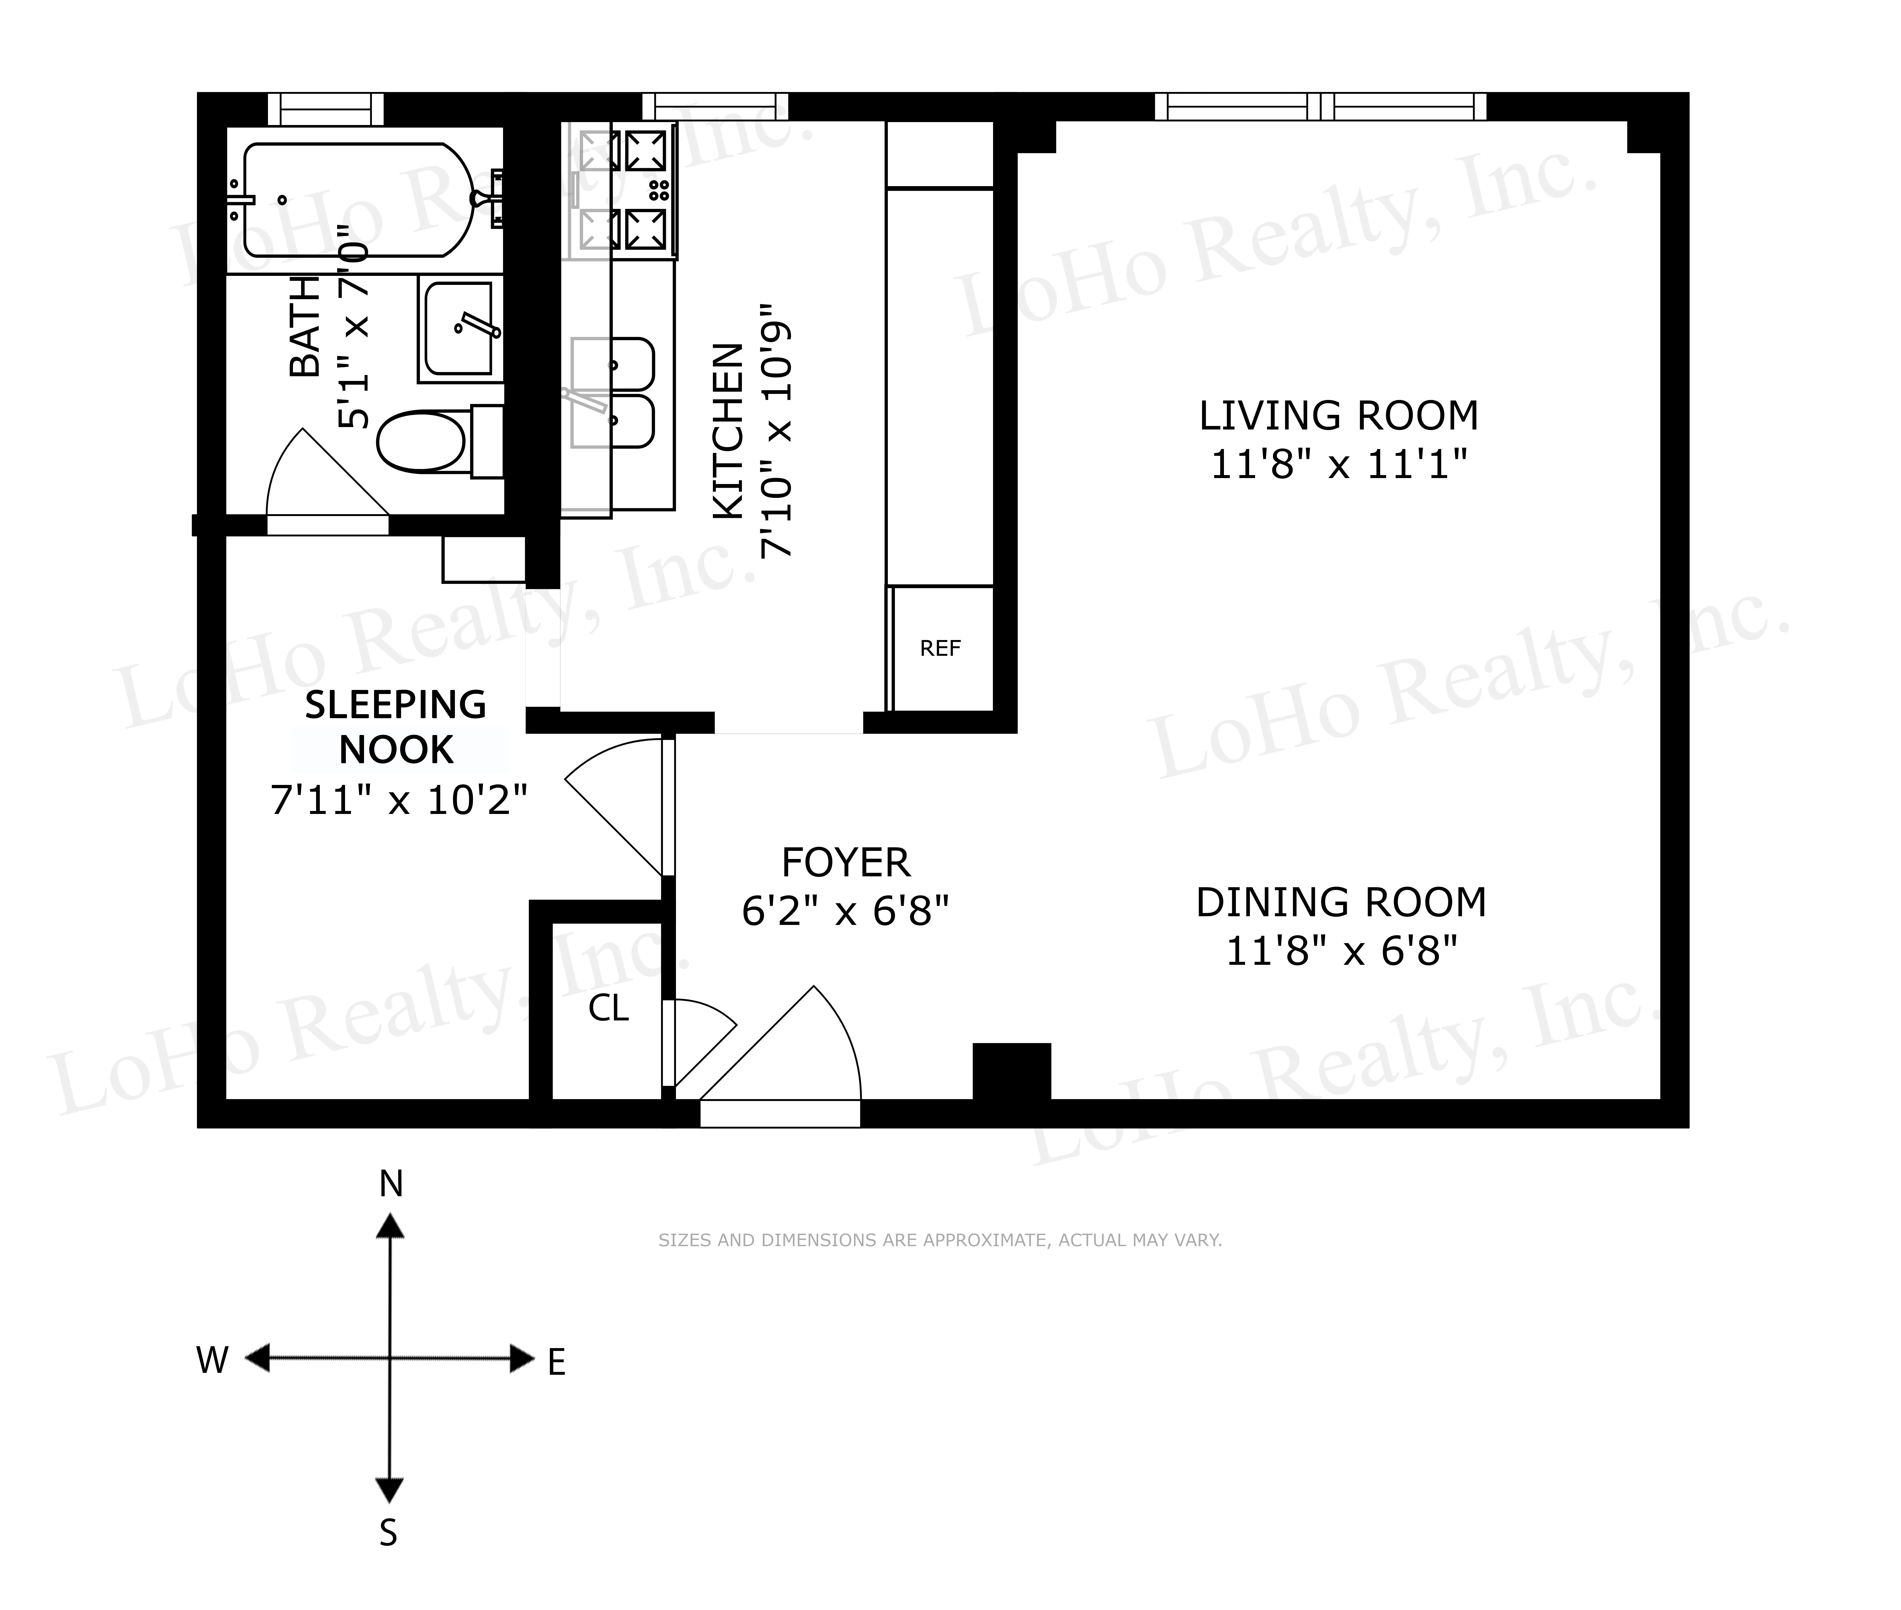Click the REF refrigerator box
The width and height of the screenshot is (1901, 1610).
(x=940, y=648)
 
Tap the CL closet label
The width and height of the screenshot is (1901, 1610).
(x=608, y=1008)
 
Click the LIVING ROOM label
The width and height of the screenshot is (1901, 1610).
(x=1338, y=416)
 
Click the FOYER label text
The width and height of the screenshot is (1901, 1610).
(x=845, y=863)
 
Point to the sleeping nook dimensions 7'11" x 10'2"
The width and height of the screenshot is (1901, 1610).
(x=399, y=800)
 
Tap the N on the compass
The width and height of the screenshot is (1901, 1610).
(x=391, y=1184)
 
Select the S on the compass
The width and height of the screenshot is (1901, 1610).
(x=389, y=1532)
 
